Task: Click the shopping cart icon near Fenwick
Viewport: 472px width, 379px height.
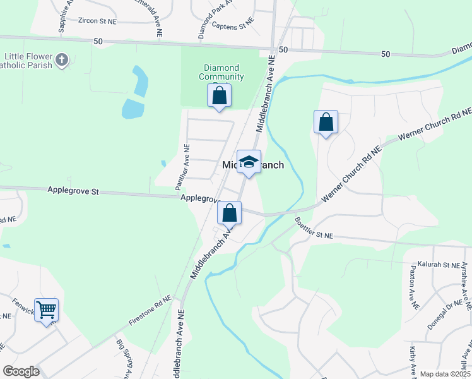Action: [47, 310]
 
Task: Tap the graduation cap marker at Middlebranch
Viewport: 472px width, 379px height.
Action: [249, 162]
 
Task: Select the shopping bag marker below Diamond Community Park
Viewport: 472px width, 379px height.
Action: [220, 96]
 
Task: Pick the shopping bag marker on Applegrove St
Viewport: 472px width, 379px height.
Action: [230, 214]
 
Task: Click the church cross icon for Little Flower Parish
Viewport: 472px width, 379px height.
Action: [61, 60]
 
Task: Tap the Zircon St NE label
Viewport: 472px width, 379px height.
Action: [97, 20]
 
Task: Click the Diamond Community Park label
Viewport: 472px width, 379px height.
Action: [221, 73]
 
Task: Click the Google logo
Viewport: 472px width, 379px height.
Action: [21, 371]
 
